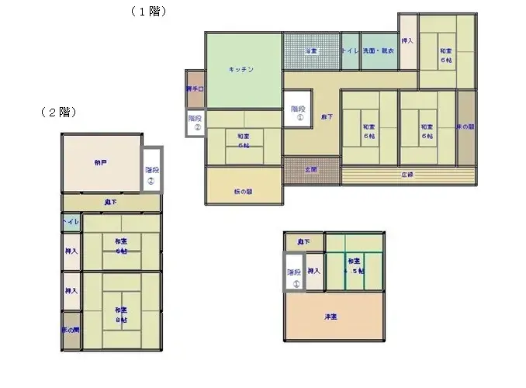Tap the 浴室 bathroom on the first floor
click(310, 51)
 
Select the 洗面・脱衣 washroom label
click(379, 51)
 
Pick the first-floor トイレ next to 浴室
click(350, 51)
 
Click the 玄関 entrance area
click(311, 168)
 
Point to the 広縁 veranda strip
click(407, 174)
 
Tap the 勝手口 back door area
click(195, 89)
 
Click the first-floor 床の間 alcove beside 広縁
click(465, 127)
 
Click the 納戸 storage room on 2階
click(101, 163)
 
